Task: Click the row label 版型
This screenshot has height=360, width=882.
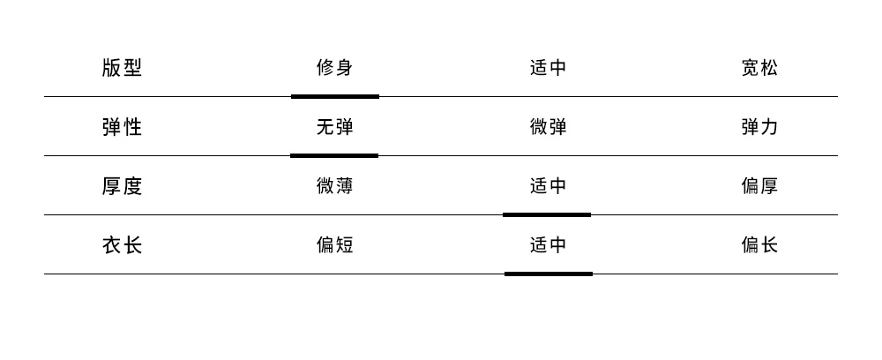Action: [x=122, y=68]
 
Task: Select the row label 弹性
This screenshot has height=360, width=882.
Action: [x=122, y=127]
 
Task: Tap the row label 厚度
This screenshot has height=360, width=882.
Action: [x=122, y=186]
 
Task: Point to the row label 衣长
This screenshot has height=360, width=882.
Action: [x=122, y=245]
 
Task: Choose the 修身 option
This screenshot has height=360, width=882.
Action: [x=335, y=68]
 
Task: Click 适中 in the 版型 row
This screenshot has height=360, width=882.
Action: [x=548, y=68]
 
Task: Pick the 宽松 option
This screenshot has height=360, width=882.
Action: [x=759, y=68]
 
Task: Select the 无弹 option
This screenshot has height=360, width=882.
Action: [x=335, y=127]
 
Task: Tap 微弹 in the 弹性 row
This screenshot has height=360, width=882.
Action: [x=548, y=127]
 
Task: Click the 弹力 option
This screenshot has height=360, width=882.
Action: [x=759, y=127]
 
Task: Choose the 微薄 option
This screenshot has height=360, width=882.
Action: [x=335, y=186]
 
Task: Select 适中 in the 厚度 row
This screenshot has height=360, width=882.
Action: [x=548, y=186]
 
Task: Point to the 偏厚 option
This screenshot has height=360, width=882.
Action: [x=759, y=186]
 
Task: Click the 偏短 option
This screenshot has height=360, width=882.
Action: [x=335, y=245]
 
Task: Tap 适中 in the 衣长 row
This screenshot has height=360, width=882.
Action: [x=548, y=245]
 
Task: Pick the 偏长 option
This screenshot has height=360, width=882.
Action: [x=759, y=245]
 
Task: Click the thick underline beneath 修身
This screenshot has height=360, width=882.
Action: [x=335, y=96]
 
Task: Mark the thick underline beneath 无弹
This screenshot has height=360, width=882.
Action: [x=334, y=155]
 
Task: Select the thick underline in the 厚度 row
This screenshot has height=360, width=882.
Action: [x=547, y=214]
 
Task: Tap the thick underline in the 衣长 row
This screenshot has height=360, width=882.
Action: [x=549, y=274]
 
